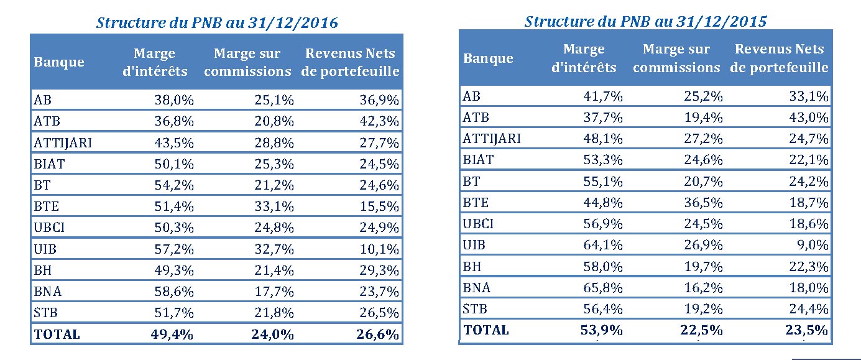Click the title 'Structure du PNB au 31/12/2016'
click(217, 23)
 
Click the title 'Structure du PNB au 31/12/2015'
click(646, 21)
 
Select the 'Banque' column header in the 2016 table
click(59, 62)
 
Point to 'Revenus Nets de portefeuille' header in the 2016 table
click(350, 62)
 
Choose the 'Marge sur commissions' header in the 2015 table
click(676, 58)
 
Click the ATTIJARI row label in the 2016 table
click(63, 142)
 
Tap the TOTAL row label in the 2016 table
click(57, 334)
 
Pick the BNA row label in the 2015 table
click(477, 287)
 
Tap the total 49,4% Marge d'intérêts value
click(172, 334)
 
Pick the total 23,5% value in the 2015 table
click(809, 330)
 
